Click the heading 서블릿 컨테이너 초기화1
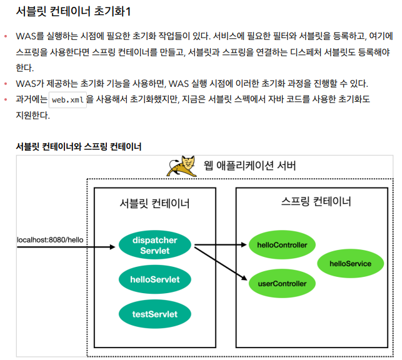(x=73, y=11)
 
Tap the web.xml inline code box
(x=68, y=99)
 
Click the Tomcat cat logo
(x=182, y=166)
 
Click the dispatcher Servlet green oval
(x=154, y=245)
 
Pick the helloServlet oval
(x=154, y=279)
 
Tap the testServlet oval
(x=154, y=313)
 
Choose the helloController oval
(x=282, y=245)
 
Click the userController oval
(x=282, y=284)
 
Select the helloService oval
(x=349, y=264)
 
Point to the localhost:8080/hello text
(x=50, y=239)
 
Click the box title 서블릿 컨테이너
(x=154, y=204)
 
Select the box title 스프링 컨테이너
(x=316, y=201)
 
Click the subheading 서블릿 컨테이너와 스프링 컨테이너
(x=79, y=147)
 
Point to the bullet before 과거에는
(x=6, y=99)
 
